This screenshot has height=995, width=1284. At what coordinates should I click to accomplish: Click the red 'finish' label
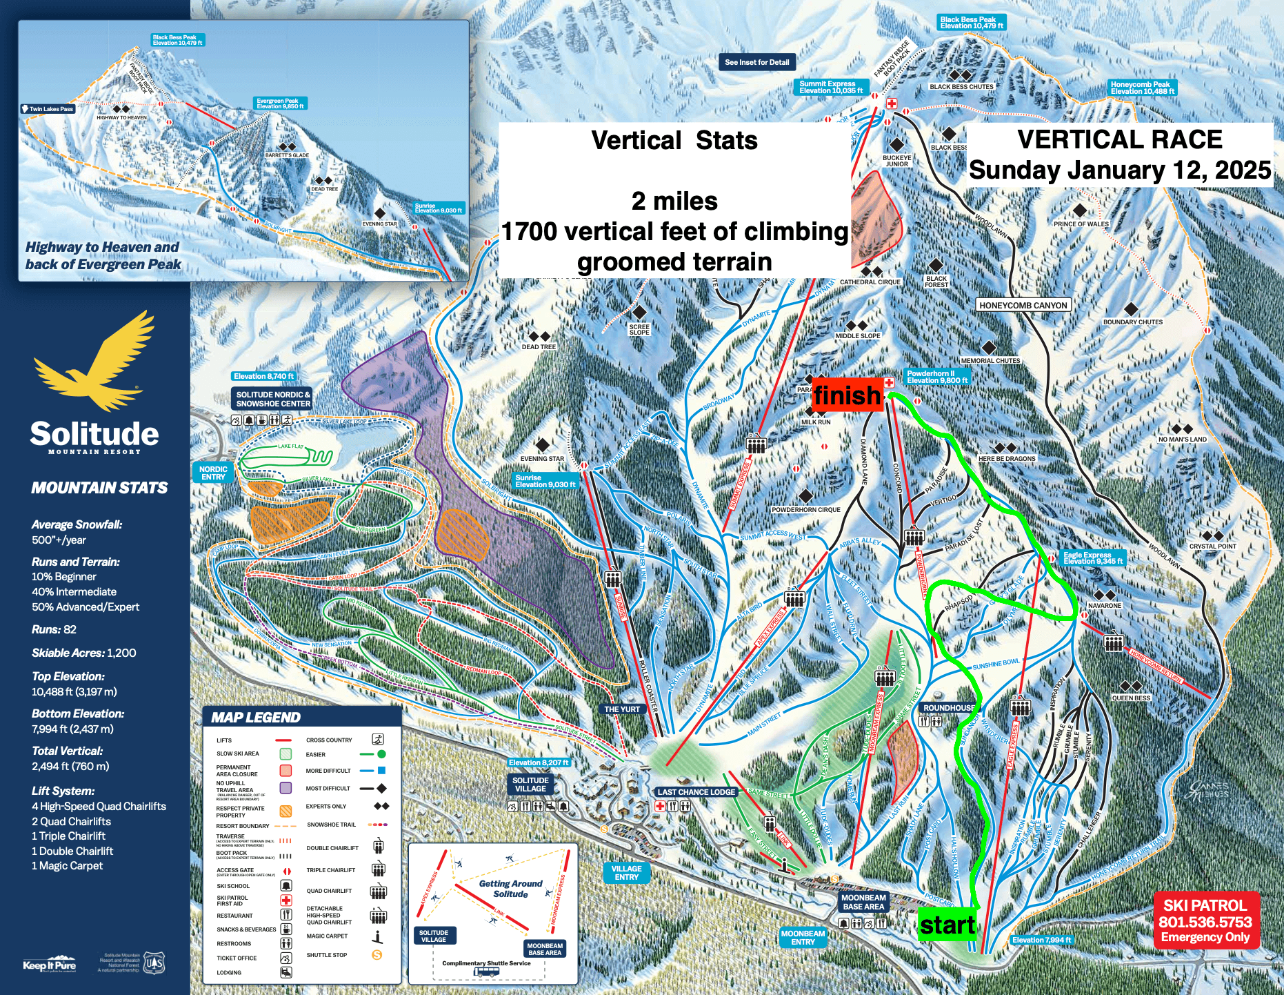click(x=847, y=395)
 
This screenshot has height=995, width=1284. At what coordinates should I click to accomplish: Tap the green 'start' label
click(x=947, y=925)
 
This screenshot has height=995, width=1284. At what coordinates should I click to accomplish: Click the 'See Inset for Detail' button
click(x=756, y=62)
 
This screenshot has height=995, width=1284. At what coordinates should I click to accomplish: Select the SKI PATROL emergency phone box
click(x=1205, y=920)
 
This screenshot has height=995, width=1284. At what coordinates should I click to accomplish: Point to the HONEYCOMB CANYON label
click(x=1023, y=305)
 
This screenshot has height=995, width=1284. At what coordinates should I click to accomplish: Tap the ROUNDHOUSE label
click(x=949, y=708)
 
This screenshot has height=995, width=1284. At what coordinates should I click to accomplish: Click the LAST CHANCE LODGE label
click(x=696, y=792)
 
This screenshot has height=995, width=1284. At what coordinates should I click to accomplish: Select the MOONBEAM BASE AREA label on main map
click(x=863, y=903)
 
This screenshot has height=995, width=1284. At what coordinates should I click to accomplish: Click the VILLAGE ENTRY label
click(x=626, y=873)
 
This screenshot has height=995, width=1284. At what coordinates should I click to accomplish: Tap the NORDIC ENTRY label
click(x=213, y=473)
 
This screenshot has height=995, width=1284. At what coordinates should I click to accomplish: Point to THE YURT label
click(x=622, y=709)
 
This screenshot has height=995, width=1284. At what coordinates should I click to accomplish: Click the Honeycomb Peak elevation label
click(x=1142, y=88)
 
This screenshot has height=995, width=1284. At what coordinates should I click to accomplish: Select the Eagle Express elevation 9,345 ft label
click(x=1092, y=558)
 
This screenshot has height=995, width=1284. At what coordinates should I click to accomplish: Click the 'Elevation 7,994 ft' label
click(x=1041, y=940)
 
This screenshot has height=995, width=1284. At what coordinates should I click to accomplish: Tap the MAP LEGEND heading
click(x=256, y=718)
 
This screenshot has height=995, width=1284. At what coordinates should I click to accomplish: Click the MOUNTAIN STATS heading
click(x=99, y=488)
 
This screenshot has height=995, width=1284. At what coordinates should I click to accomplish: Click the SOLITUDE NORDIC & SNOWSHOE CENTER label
click(x=272, y=399)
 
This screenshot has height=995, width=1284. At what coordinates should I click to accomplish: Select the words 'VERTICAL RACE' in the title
click(x=1119, y=140)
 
